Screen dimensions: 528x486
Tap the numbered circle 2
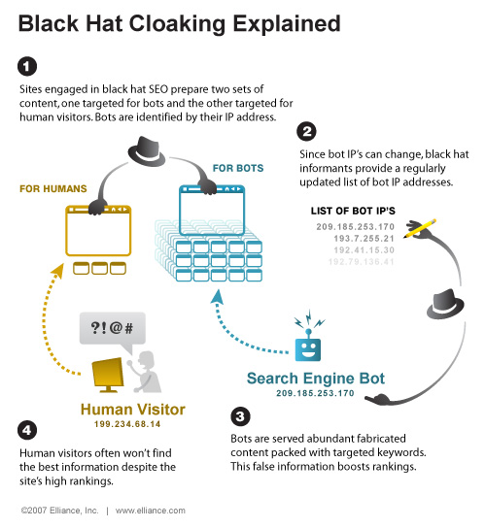pyautogui.click(x=306, y=130)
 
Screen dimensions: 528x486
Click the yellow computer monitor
pyautogui.click(x=107, y=372)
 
